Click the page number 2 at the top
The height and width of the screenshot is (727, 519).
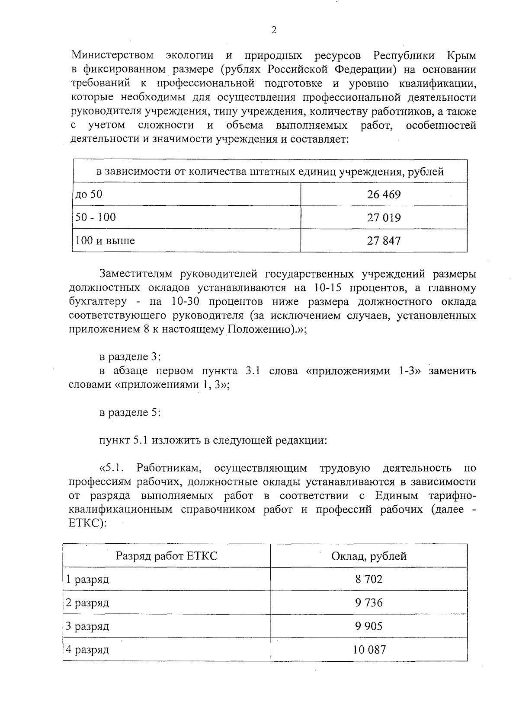click(x=273, y=30)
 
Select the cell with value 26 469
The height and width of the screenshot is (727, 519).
click(x=384, y=195)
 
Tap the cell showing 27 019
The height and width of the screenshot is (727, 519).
click(x=384, y=217)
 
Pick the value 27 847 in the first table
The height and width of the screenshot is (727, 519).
click(x=384, y=240)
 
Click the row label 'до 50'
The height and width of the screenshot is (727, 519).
click(x=89, y=195)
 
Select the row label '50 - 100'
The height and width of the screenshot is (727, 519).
click(x=96, y=217)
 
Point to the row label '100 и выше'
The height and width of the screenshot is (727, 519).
click(x=105, y=240)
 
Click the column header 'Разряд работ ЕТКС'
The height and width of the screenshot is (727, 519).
click(x=167, y=556)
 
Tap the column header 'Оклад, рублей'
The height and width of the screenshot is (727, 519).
click(x=368, y=556)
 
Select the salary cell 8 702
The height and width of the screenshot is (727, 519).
click(x=368, y=579)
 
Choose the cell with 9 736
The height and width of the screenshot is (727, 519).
click(x=368, y=603)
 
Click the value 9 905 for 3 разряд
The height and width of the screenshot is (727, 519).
click(x=368, y=626)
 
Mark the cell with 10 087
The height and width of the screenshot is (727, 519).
click(x=368, y=649)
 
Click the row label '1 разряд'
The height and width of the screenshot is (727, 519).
click(x=87, y=579)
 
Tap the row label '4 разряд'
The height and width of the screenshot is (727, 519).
click(x=87, y=649)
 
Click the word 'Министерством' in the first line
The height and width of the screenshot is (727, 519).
click(x=112, y=56)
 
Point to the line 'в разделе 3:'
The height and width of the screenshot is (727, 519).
click(x=130, y=357)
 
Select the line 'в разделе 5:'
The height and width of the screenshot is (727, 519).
click(x=130, y=412)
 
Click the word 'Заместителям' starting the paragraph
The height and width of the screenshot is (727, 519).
click(x=136, y=274)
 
